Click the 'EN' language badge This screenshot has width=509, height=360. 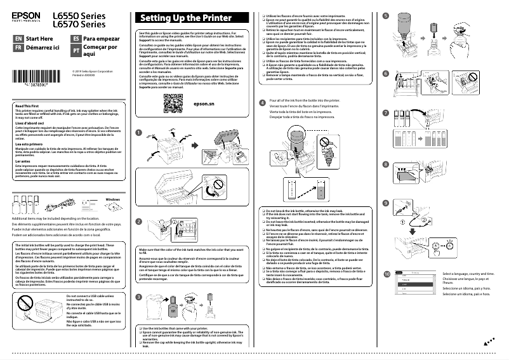pos(19,39)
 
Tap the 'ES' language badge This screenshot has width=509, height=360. pos(76,39)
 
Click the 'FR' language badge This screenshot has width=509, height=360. pos(19,48)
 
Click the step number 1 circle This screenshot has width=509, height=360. pos(139,133)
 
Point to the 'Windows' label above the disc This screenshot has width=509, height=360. pos(112,199)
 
